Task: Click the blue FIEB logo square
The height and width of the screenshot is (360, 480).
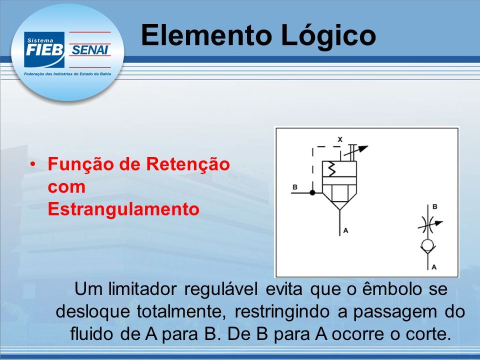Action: [44, 49]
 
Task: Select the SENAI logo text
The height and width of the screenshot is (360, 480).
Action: [89, 49]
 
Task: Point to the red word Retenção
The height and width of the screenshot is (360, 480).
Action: [187, 164]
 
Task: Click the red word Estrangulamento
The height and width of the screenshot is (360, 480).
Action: [123, 209]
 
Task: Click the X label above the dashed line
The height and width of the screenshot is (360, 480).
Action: [340, 139]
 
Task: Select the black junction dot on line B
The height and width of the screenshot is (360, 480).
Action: [312, 192]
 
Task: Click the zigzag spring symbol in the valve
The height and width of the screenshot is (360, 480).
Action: [332, 169]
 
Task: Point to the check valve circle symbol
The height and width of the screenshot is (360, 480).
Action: [427, 245]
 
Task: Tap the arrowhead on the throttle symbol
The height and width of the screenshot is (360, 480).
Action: [439, 223]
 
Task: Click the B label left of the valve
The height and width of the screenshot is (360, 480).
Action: [295, 187]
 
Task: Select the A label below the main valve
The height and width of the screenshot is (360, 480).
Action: [345, 230]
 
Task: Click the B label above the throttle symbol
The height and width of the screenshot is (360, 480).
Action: [434, 206]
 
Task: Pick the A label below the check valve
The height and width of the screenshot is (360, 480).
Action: [434, 267]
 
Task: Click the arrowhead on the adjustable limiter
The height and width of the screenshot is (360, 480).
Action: [363, 148]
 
